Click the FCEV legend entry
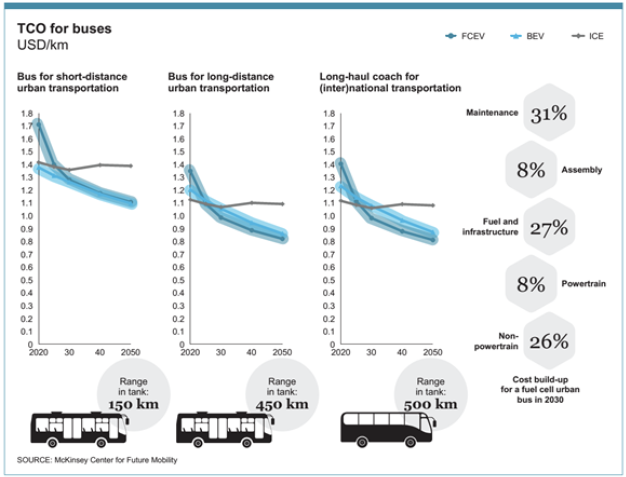click(465, 36)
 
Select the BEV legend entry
click(528, 36)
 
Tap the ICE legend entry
click(588, 36)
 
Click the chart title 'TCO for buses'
click(64, 28)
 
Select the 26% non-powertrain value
click(549, 341)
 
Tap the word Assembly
click(581, 170)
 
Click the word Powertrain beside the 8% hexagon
click(583, 283)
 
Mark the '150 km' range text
click(133, 404)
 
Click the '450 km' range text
click(282, 404)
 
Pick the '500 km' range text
click(430, 404)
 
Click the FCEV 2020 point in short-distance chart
click(38, 125)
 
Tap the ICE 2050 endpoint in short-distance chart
click(131, 166)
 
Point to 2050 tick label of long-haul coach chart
click(433, 352)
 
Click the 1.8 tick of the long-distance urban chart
click(178, 114)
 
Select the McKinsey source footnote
click(97, 460)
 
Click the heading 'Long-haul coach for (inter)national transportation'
click(390, 82)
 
